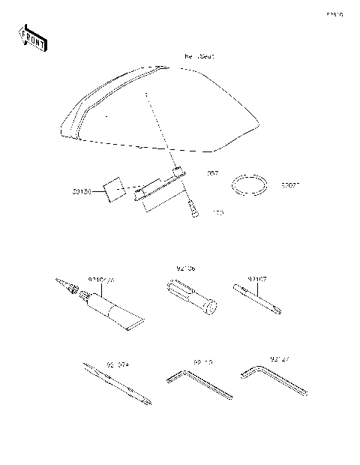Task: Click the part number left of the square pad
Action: (x=82, y=192)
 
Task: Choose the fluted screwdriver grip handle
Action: (x=192, y=298)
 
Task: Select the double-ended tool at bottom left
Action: (x=118, y=385)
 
